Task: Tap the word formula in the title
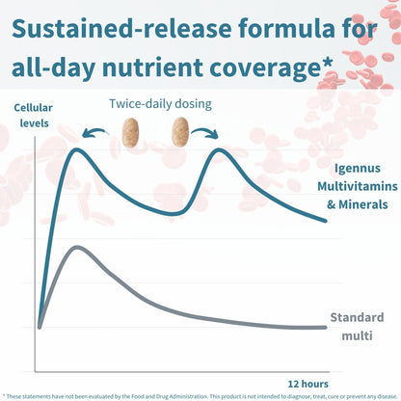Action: tap(286, 28)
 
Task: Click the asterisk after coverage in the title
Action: tap(327, 62)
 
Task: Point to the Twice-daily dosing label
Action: tap(160, 104)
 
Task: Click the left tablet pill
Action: tap(130, 132)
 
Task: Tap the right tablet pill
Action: tap(180, 132)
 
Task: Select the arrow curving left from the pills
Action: tap(94, 132)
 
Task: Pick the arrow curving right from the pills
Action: tap(205, 132)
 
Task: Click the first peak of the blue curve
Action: tap(77, 149)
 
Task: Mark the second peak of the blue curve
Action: tap(219, 149)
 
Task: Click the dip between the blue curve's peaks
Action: tap(173, 214)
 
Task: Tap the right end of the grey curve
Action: tap(326, 328)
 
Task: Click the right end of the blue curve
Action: tap(325, 221)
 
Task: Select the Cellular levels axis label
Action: tap(34, 116)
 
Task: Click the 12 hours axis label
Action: tap(307, 384)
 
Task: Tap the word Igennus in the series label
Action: tap(358, 169)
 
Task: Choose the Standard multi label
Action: tap(357, 327)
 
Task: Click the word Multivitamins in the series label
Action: tap(358, 186)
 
